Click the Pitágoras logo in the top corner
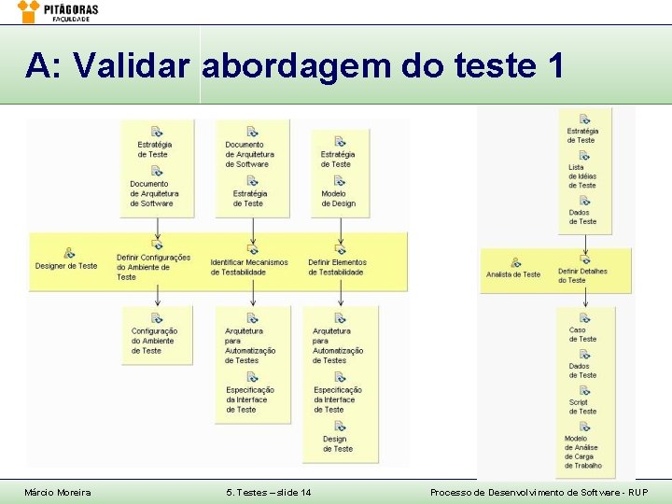click(58, 11)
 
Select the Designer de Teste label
click(66, 266)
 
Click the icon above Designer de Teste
click(68, 252)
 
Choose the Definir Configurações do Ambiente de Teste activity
click(153, 266)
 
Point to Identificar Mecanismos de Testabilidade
click(249, 267)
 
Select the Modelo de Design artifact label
click(338, 198)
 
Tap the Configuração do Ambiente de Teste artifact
click(154, 341)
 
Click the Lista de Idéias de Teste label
click(582, 176)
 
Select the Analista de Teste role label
click(513, 274)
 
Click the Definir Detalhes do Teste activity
click(582, 275)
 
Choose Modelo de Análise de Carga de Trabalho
click(582, 452)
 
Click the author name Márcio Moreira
click(58, 492)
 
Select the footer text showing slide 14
click(269, 492)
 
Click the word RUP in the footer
click(636, 492)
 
